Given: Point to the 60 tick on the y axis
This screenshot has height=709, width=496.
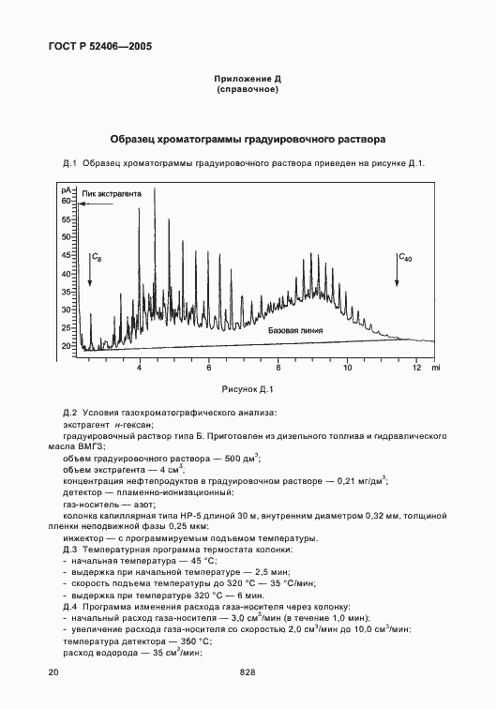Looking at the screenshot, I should point(67,201).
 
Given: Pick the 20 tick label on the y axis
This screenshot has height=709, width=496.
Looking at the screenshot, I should point(67,346).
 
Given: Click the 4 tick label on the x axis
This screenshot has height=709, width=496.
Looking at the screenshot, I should point(140,361).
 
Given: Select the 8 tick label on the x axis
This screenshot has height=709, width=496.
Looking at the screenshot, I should point(278,361).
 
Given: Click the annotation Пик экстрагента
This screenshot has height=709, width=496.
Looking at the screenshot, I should point(112,194).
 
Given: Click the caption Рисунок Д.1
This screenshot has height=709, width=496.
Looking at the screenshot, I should point(247,388).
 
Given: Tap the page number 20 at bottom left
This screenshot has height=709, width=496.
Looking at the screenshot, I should point(53,671).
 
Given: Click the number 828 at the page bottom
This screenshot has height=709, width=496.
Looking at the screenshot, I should point(248,671).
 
